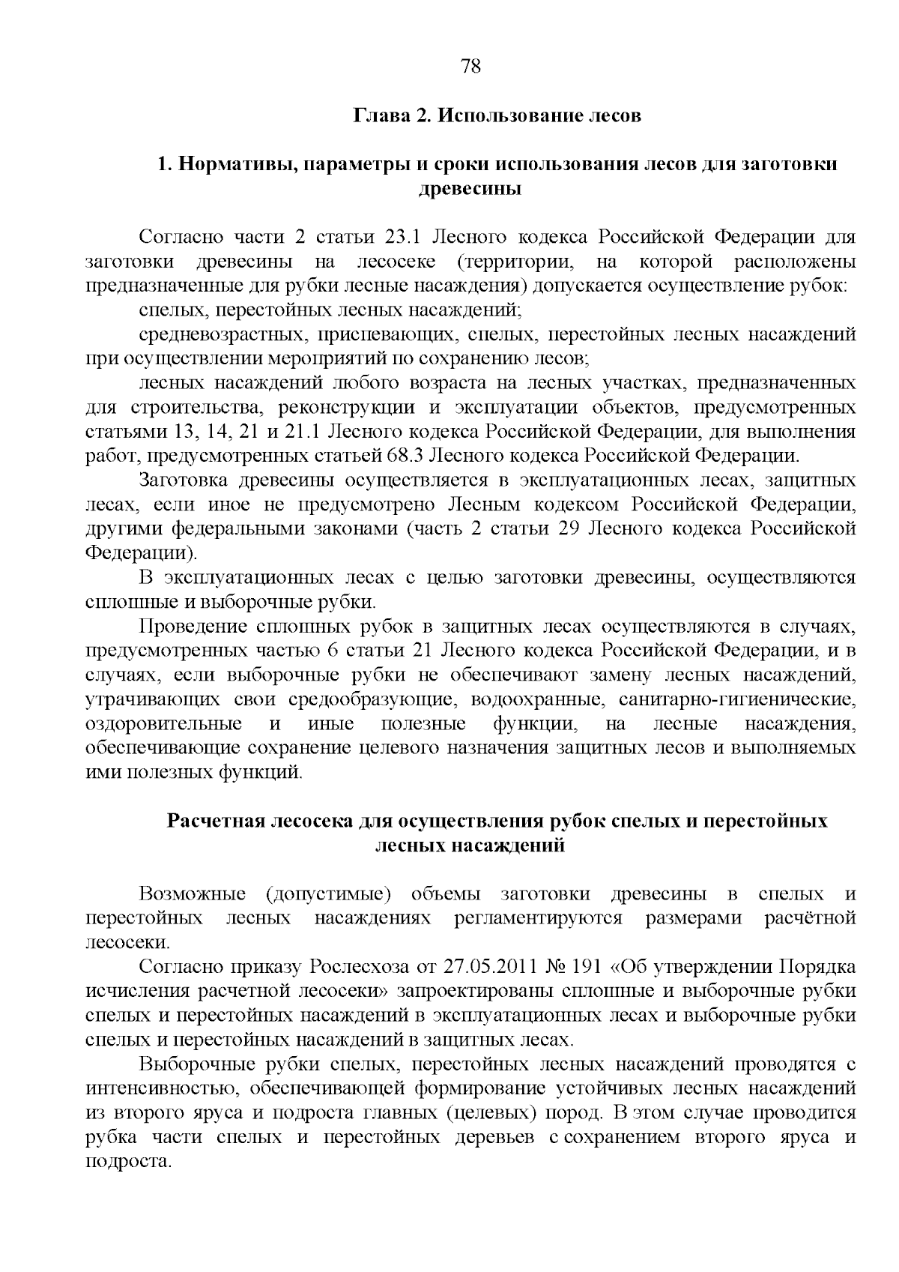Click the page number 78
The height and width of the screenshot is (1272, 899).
click(x=470, y=67)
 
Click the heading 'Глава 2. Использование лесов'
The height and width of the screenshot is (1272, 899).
click(x=497, y=116)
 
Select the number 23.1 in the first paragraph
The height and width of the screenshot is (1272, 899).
click(x=405, y=238)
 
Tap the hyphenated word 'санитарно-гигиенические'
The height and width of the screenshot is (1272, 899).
click(x=737, y=699)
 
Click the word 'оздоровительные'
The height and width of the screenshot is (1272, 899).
click(x=164, y=724)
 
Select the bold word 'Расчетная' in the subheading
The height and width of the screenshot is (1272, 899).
click(x=212, y=821)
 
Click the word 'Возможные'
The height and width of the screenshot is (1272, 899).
click(x=193, y=894)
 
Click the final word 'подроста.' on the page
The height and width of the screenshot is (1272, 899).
click(x=130, y=1162)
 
